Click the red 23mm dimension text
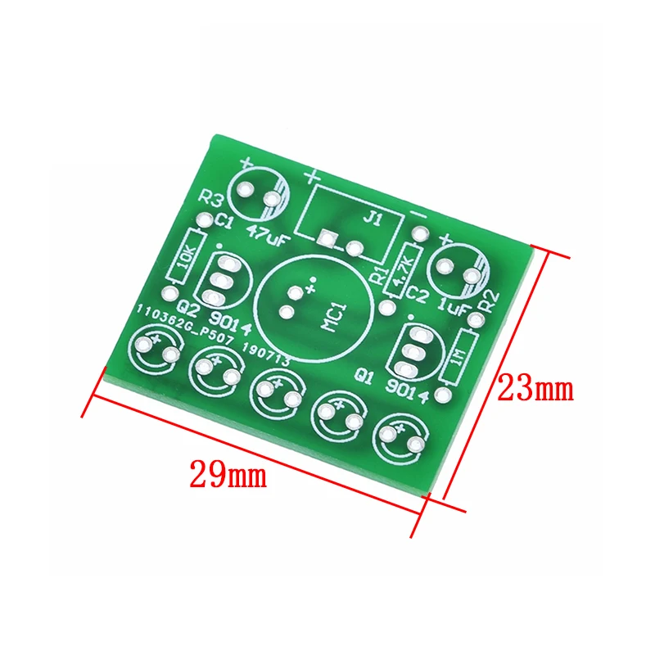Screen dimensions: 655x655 click(537, 387)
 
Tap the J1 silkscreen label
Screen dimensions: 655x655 click(373, 219)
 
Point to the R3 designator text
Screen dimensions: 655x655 click(211, 198)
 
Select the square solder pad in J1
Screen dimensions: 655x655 click(327, 239)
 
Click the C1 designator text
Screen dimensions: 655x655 click(224, 221)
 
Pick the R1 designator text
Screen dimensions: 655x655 click(379, 275)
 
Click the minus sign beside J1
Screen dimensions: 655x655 click(418, 214)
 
